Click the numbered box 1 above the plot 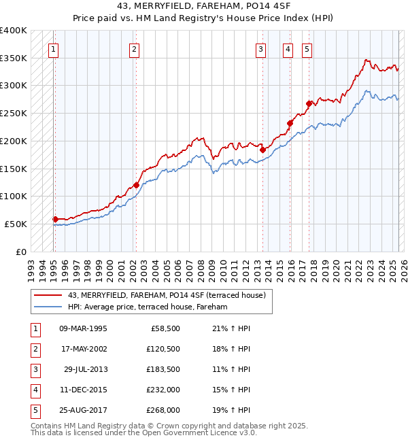(x=53, y=48)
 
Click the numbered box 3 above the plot (x=261, y=48)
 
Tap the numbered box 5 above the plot (x=307, y=48)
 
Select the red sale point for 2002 (x=136, y=184)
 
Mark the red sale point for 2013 (x=262, y=150)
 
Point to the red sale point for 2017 (x=309, y=103)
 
